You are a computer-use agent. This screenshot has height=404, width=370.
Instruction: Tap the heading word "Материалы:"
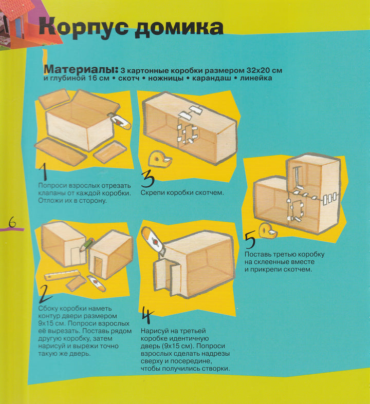pos(81,69)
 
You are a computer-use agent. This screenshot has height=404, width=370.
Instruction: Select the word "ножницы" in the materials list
pos(165,78)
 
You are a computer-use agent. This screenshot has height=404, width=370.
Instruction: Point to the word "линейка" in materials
pos(256,78)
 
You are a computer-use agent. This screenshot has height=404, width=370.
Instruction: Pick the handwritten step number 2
pos(45,295)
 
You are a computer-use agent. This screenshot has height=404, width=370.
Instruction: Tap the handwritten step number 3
pos(147,179)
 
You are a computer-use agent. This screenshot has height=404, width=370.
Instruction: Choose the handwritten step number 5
pos(250,240)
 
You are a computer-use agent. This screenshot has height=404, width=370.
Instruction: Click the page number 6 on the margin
pos(12,222)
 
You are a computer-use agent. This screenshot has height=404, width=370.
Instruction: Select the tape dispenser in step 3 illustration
pos(159,160)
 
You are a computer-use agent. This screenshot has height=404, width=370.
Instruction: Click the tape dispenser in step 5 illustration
pos(268,231)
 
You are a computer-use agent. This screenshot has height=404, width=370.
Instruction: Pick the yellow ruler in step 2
pos(62,275)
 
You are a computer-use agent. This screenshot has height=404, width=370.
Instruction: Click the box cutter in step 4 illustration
pos(153,241)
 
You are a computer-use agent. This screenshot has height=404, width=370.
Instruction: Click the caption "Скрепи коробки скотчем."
pos(182,193)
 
